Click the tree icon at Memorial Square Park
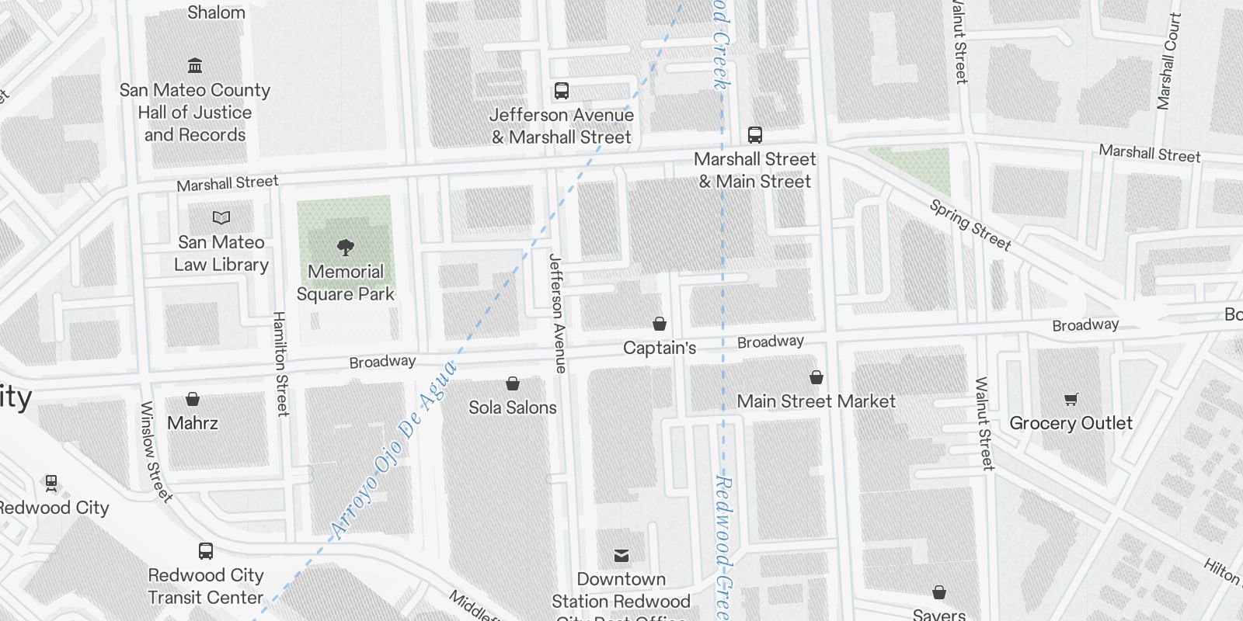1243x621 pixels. coord(346,248)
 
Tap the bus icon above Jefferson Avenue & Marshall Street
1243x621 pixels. coord(562,91)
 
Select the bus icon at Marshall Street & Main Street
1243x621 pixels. coord(754,135)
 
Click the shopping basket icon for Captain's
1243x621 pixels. coord(660,324)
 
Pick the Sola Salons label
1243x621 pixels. coord(513,408)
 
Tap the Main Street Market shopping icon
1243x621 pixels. coord(816,378)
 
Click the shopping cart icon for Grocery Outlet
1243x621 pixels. coord(1071,400)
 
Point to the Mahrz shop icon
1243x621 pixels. coord(193,400)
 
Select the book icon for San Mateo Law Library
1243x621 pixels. coord(221,218)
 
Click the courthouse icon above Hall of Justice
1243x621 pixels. coord(195,66)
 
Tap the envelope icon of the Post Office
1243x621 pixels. coord(621,556)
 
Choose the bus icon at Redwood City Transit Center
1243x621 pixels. coord(206,551)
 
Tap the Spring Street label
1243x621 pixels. coord(970,226)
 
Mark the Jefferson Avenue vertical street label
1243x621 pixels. coord(557,314)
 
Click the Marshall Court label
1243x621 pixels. coord(1168,61)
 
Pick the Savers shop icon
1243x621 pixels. coord(939,593)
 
